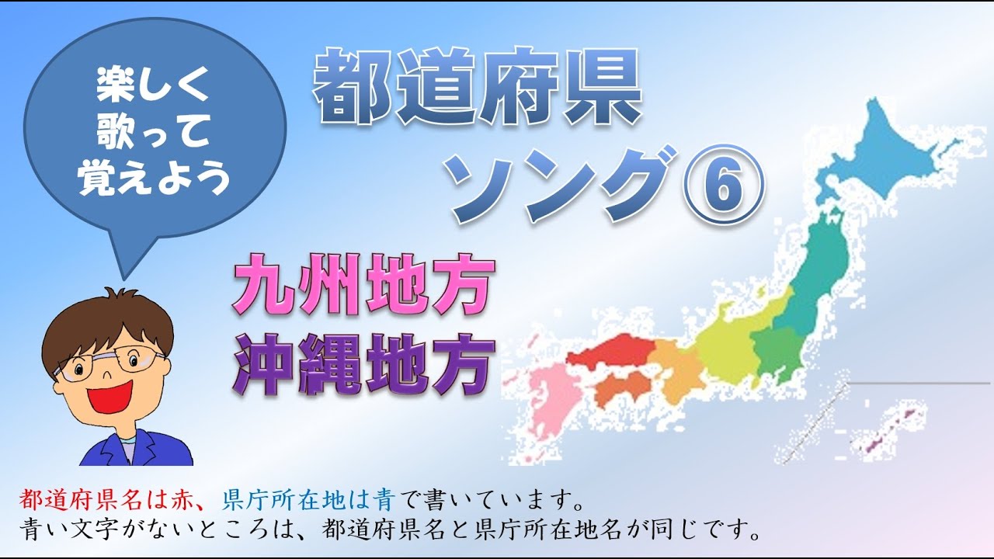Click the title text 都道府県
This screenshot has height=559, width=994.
click(x=477, y=87)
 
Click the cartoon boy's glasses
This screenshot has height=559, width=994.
click(x=109, y=362)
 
